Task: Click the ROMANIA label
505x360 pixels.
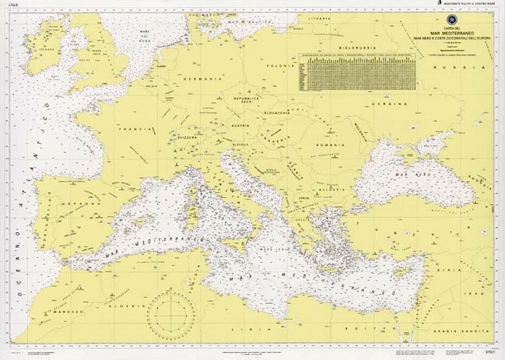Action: point(329,145)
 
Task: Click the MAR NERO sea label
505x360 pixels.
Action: point(411,176)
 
